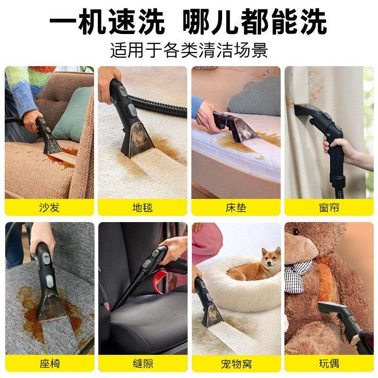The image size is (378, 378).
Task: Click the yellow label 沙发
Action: point(49,207)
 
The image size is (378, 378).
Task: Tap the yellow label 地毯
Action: point(142,207)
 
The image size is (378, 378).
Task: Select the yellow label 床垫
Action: point(236,207)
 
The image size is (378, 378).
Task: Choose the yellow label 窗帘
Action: point(329,207)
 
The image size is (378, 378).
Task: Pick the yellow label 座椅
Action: point(49,364)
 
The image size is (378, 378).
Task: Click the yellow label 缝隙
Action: point(142,364)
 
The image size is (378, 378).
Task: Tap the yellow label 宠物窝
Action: point(236,364)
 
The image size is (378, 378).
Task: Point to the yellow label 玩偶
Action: point(329,364)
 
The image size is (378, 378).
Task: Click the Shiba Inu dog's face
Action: point(271,259)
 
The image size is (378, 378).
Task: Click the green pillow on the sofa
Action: point(73,113)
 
